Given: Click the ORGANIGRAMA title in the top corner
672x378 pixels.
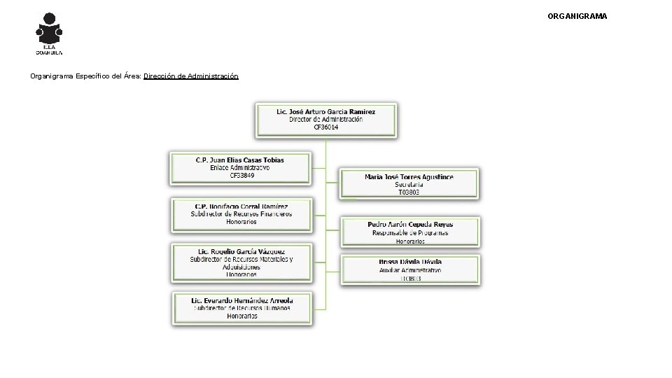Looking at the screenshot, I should pyautogui.click(x=577, y=15).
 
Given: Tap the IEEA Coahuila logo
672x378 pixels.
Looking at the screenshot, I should pyautogui.click(x=49, y=33).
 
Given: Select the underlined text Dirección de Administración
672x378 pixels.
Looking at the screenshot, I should pyautogui.click(x=190, y=76).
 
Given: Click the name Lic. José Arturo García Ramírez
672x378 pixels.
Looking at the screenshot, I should pyautogui.click(x=326, y=112).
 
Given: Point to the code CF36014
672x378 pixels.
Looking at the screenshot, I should pyautogui.click(x=326, y=127).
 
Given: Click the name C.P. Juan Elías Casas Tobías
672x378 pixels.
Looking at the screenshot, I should pyautogui.click(x=240, y=160).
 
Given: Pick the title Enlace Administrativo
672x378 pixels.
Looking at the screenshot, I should pyautogui.click(x=240, y=167).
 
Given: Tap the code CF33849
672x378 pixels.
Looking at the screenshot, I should pyautogui.click(x=240, y=175).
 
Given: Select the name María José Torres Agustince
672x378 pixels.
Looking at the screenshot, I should pyautogui.click(x=409, y=177).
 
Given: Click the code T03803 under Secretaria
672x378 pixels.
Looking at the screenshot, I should pyautogui.click(x=409, y=192).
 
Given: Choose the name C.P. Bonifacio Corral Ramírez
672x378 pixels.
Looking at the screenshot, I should pyautogui.click(x=241, y=206).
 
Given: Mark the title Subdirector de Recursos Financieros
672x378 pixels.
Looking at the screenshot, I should pyautogui.click(x=241, y=214).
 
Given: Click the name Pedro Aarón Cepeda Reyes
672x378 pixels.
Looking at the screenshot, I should pyautogui.click(x=410, y=225).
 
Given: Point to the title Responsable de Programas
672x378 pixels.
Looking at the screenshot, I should pyautogui.click(x=410, y=233).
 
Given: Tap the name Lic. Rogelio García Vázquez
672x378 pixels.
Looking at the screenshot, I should pyautogui.click(x=241, y=251).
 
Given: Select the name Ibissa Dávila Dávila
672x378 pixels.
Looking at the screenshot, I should pyautogui.click(x=410, y=262).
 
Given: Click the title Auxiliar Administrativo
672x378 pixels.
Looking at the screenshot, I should pyautogui.click(x=410, y=269).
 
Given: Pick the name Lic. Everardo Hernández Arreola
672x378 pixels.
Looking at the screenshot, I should pyautogui.click(x=242, y=300).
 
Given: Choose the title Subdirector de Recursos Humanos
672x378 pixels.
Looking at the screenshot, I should pyautogui.click(x=242, y=308).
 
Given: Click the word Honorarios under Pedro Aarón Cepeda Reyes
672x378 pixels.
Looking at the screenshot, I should pyautogui.click(x=410, y=241).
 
